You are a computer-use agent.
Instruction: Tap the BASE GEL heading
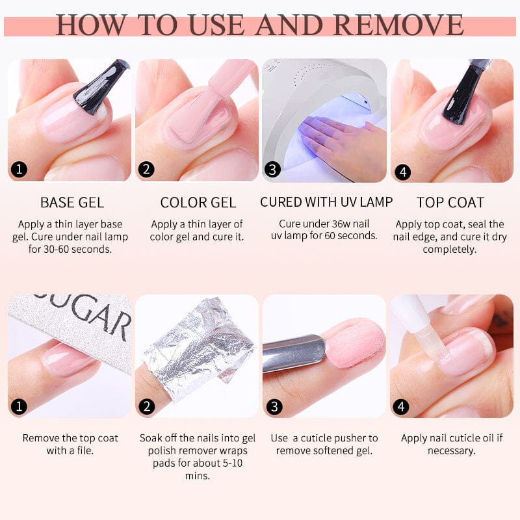tap(71, 202)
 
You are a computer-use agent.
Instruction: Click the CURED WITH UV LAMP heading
tap(326, 202)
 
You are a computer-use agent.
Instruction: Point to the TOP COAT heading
tap(450, 202)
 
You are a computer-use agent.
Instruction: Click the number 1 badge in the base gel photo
tap(19, 170)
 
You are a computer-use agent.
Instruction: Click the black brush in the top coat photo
tap(465, 94)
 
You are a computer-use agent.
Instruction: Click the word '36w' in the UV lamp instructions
tap(344, 224)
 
